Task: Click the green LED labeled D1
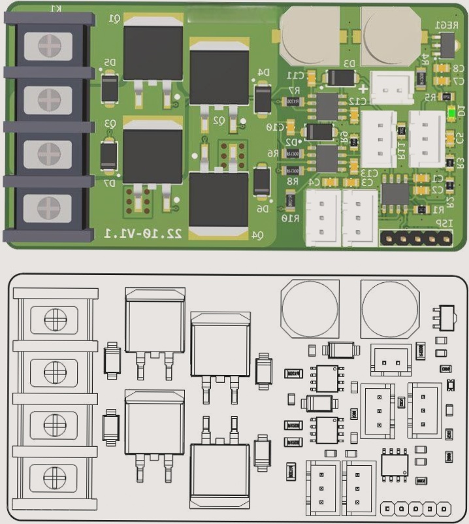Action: click(x=451, y=113)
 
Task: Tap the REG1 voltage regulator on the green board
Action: click(x=446, y=44)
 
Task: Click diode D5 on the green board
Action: click(x=110, y=89)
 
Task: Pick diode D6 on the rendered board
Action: click(x=261, y=182)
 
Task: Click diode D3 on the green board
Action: click(x=340, y=78)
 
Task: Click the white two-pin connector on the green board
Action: click(x=391, y=86)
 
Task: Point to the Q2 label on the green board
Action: click(x=218, y=122)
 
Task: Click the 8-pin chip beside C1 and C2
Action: click(x=395, y=194)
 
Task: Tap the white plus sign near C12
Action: click(x=363, y=88)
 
